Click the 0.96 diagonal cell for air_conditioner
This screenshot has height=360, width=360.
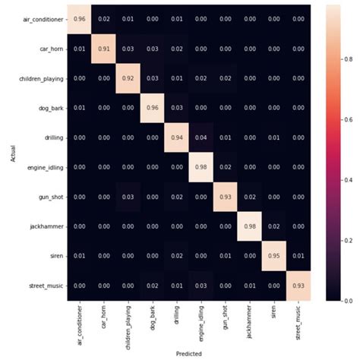pos(79,19)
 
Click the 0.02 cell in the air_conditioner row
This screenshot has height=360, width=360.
pos(104,19)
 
